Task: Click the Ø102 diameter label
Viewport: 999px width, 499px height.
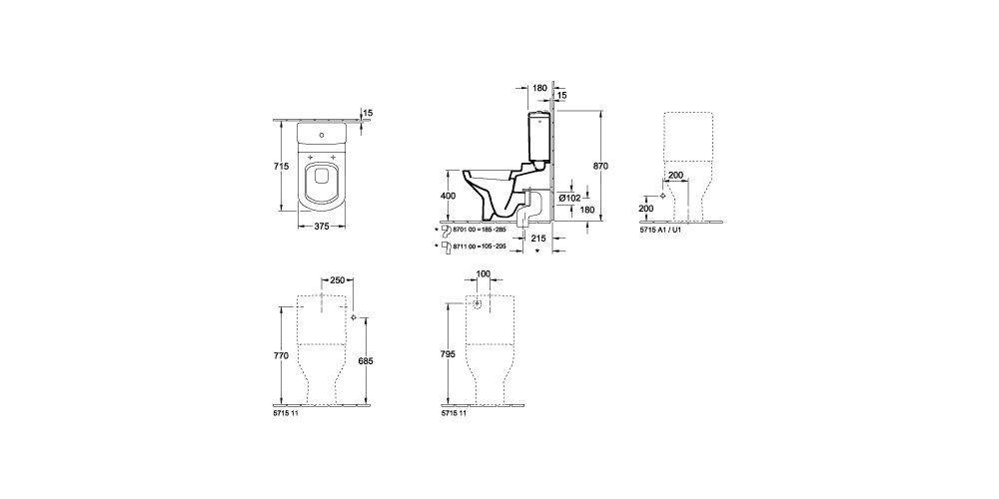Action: pos(570,198)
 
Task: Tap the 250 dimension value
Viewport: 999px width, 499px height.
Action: pos(338,280)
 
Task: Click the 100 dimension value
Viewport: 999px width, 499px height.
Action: pos(484,273)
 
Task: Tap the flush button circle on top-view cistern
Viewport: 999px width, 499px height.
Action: pos(321,133)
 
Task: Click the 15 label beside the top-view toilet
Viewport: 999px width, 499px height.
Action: pos(368,113)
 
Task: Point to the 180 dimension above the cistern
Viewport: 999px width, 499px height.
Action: pos(540,88)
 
